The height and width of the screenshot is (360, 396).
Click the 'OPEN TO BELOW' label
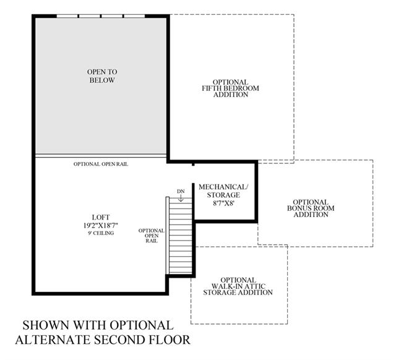[102, 76]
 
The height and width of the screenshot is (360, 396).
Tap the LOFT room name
[101, 217]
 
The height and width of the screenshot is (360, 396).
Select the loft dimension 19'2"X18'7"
[101, 225]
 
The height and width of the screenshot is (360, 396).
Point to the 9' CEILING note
[101, 233]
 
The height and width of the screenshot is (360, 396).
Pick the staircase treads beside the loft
[181, 236]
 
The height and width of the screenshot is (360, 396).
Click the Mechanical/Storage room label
[223, 191]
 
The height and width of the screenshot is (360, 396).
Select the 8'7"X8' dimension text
[223, 203]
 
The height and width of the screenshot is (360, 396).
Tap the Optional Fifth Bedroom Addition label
[230, 88]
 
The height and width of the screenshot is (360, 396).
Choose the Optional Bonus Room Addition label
[311, 208]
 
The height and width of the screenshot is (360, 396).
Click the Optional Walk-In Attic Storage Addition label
[238, 286]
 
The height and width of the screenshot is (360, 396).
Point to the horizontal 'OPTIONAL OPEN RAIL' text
[101, 164]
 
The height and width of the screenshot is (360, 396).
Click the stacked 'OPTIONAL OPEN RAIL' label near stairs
[151, 236]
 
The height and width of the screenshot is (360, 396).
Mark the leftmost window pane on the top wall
[67, 16]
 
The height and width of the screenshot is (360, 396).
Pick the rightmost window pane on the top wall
[134, 16]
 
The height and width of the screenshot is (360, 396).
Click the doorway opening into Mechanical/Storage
[193, 174]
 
